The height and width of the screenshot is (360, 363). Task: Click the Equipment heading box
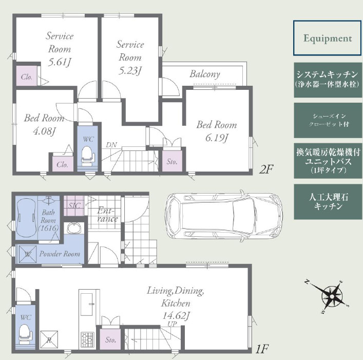328,38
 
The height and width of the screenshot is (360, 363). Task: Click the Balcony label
205,74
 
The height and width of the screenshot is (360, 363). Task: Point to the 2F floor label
266,169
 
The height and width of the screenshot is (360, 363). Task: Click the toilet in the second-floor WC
87,155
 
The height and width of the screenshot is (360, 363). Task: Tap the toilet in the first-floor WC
25,333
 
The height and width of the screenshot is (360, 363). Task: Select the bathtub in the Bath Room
26,217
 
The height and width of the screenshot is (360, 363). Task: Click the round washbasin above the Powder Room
74,228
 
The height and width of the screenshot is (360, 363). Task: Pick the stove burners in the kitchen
87,339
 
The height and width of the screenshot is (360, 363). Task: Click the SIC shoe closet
74,205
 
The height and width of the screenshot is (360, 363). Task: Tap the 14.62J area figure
176,315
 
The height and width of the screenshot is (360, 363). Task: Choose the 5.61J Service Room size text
59,62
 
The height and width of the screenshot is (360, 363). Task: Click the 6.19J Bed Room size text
217,138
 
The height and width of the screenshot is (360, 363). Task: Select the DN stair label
111,145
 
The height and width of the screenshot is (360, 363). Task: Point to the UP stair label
172,324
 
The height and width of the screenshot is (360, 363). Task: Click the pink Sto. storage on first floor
110,339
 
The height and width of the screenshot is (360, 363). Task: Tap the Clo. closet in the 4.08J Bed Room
63,164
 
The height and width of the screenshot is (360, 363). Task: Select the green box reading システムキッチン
328,80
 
